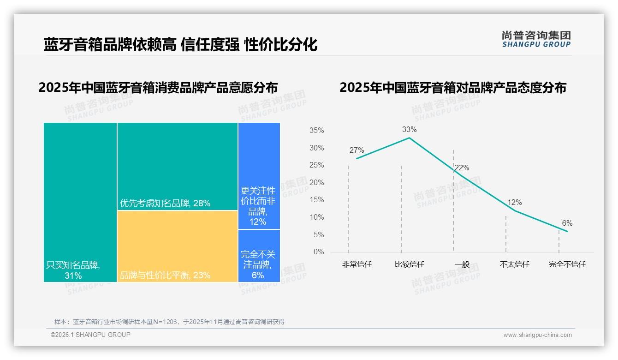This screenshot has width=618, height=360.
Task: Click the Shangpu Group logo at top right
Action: point(536,39)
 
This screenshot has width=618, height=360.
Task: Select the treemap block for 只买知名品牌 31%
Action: point(80,202)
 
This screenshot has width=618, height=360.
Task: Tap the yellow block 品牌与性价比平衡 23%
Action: point(178,246)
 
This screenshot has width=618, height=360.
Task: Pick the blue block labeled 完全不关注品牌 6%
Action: point(259,256)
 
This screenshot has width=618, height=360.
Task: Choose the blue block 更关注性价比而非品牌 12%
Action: point(259,175)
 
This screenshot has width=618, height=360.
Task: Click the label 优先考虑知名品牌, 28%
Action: point(165,203)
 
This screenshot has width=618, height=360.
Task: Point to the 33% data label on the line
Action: point(409,130)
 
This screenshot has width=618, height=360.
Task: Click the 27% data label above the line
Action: point(357,150)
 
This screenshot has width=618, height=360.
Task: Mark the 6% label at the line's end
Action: point(567,223)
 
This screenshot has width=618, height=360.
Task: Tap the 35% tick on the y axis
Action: point(316,131)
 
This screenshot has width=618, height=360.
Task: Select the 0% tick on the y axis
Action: point(318,252)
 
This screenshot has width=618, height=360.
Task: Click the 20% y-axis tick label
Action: point(316,183)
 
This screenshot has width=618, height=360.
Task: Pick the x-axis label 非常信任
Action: point(357,264)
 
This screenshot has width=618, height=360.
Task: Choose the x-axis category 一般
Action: point(462,264)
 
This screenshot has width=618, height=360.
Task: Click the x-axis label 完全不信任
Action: point(567,264)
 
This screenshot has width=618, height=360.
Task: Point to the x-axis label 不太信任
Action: point(514,264)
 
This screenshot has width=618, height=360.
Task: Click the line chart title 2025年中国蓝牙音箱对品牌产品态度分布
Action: point(452,88)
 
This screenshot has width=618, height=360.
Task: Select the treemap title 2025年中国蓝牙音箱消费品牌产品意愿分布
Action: point(158,88)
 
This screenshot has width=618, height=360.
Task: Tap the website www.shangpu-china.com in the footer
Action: point(537,335)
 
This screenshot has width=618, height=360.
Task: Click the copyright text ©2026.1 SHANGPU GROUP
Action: point(90,335)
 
